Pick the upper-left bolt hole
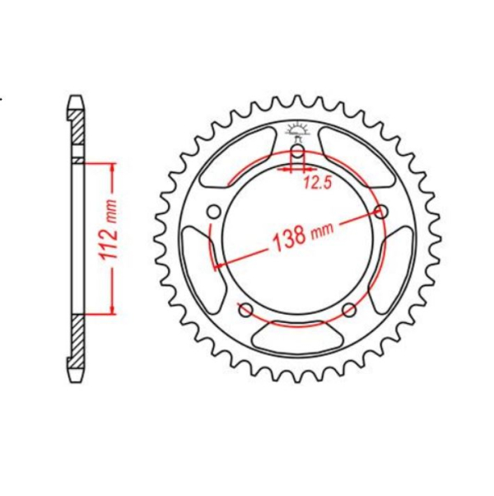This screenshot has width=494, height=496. (x=214, y=213)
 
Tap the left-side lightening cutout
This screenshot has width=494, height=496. (x=194, y=261)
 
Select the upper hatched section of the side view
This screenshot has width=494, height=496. (x=77, y=132)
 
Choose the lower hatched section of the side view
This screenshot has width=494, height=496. (x=77, y=342)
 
